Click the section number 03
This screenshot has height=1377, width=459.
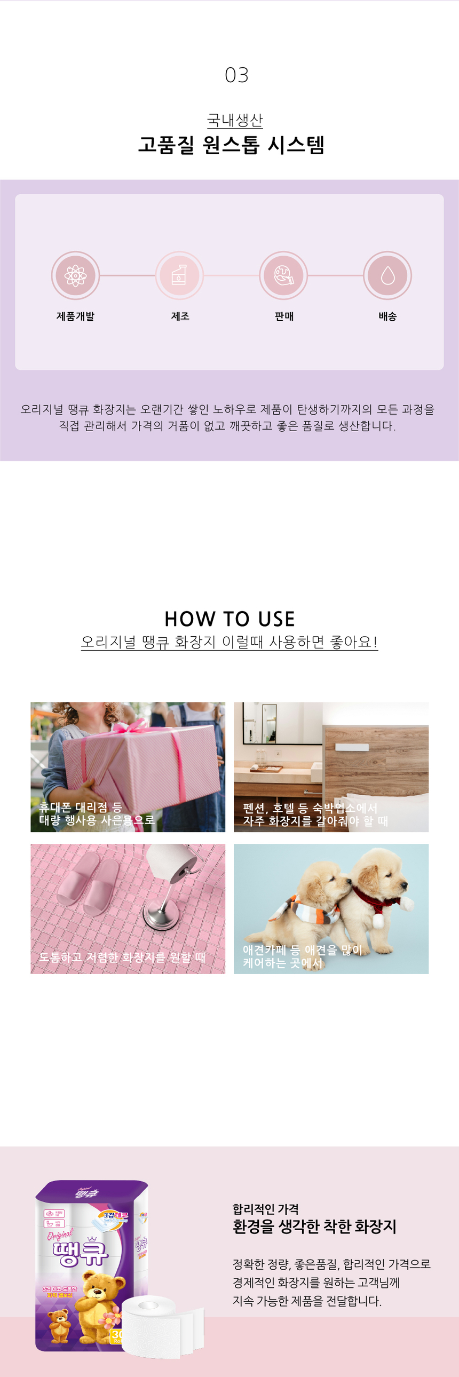click(236, 75)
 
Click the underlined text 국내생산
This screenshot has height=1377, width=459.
click(235, 120)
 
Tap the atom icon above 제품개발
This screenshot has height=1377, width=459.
click(75, 276)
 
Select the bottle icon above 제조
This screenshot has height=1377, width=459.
click(179, 276)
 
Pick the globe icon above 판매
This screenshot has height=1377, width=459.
click(283, 276)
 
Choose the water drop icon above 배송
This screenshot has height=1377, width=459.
click(387, 276)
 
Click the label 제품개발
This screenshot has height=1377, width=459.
click(75, 316)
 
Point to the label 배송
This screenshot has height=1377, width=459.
click(387, 316)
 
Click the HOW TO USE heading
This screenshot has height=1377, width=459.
click(230, 619)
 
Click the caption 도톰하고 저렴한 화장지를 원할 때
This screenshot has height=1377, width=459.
click(122, 957)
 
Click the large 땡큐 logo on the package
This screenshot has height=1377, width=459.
click(80, 1254)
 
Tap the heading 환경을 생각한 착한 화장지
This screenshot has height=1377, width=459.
click(314, 1227)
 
